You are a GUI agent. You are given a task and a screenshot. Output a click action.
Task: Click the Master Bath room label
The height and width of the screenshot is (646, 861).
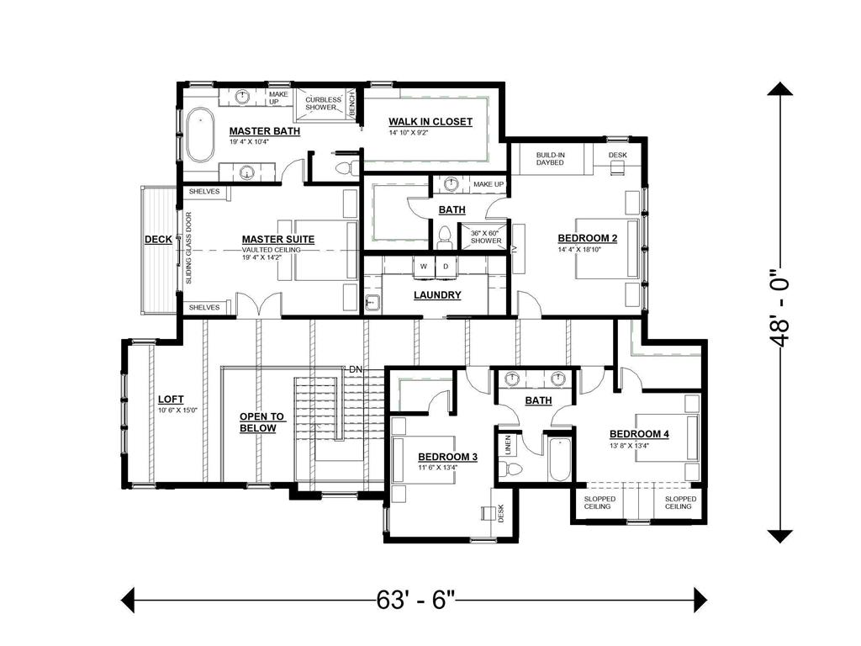click(x=265, y=130)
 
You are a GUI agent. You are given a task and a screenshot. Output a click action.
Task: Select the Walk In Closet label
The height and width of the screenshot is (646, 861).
click(x=430, y=121)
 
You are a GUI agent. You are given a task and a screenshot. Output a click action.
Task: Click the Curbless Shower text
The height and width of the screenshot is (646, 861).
click(x=323, y=103)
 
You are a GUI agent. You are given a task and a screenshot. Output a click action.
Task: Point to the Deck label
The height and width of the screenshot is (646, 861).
click(x=158, y=240)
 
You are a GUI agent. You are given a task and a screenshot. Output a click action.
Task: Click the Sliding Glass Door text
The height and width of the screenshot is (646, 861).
click(x=189, y=248)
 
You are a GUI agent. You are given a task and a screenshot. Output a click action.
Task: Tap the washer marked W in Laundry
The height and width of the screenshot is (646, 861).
click(x=424, y=267)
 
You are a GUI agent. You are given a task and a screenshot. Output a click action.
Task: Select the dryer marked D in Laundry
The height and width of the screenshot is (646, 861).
click(x=446, y=267)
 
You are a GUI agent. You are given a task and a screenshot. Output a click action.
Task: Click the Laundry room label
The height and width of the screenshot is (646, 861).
click(x=437, y=295)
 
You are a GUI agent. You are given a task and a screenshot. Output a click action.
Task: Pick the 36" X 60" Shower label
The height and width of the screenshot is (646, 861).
click(x=486, y=236)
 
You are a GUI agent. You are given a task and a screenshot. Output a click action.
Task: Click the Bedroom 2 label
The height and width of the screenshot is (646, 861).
click(x=588, y=238)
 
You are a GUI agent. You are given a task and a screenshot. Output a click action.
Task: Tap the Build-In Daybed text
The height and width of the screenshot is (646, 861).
click(x=550, y=159)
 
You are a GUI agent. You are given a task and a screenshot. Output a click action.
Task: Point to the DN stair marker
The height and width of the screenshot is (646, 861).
click(x=356, y=370)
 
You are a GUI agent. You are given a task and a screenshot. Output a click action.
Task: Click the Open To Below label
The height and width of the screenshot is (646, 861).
click(x=261, y=422)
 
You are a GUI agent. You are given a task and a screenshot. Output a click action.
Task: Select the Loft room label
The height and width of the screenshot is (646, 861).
click(x=171, y=400)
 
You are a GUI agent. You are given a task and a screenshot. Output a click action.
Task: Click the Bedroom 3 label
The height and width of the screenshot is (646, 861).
click(x=447, y=457)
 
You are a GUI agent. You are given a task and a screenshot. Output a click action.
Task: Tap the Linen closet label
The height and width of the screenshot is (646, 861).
click(x=508, y=445)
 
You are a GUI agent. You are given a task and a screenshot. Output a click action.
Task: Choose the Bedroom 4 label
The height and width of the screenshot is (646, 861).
click(x=639, y=434)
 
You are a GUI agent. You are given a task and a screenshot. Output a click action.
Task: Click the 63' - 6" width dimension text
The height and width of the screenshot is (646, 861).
click(x=415, y=600)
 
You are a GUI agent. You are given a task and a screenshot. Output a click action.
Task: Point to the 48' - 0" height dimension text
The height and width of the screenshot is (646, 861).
click(x=779, y=308)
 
